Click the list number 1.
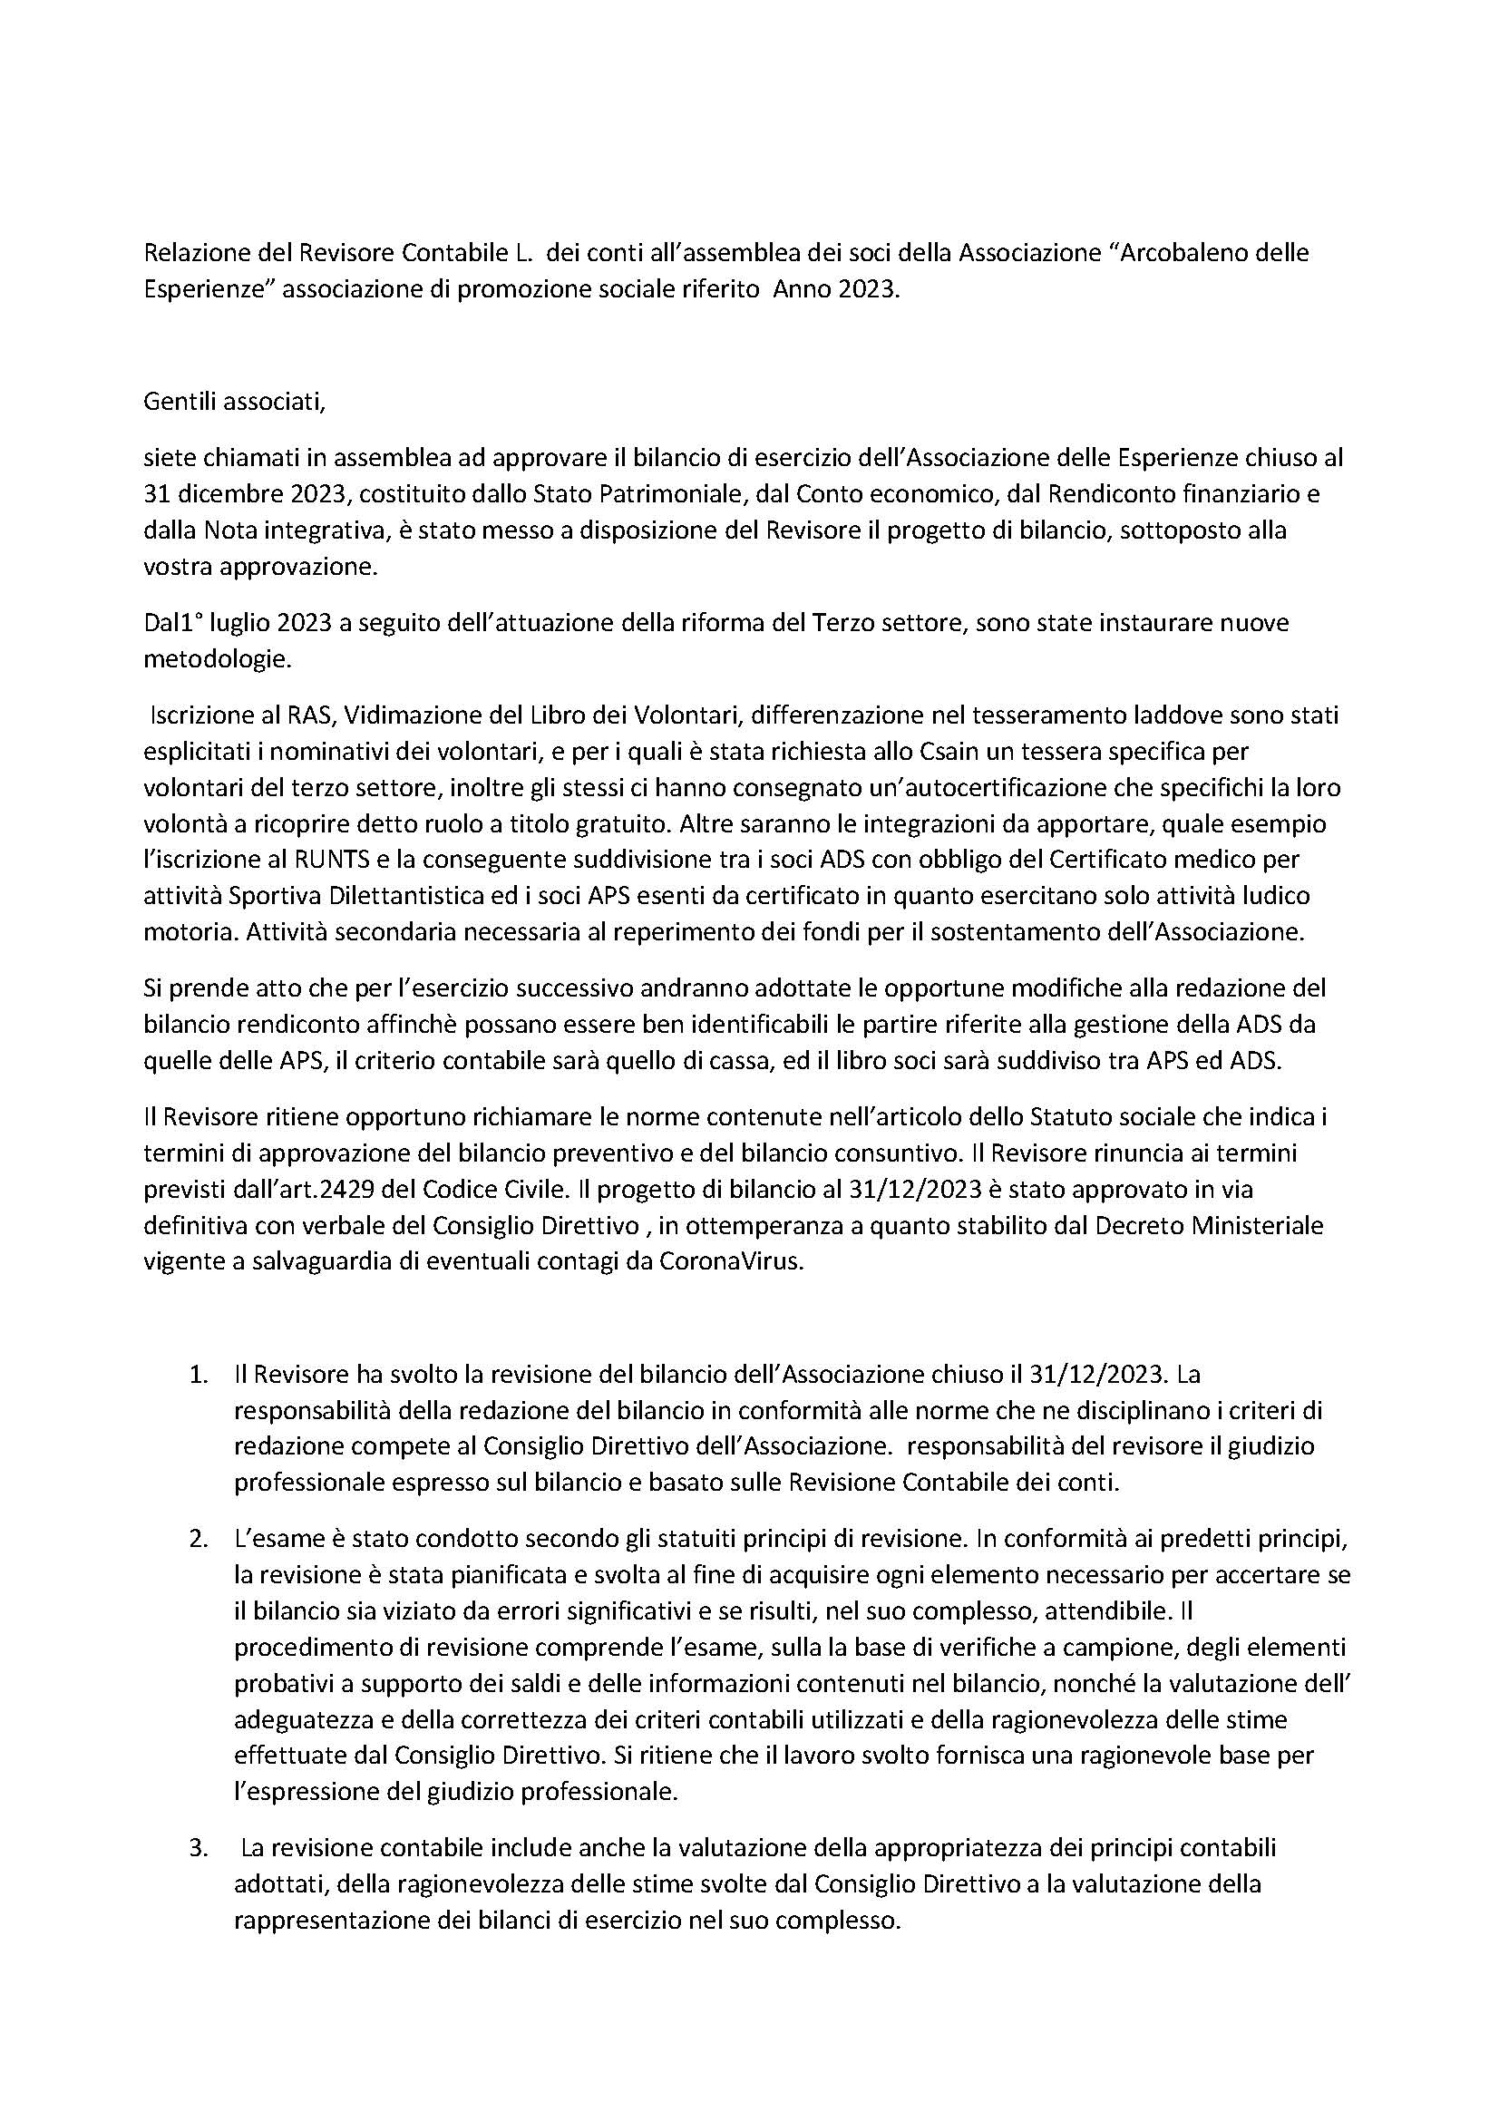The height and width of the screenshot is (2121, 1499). pyautogui.click(x=198, y=1374)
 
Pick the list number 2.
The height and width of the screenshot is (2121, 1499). pyautogui.click(x=198, y=1539)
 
